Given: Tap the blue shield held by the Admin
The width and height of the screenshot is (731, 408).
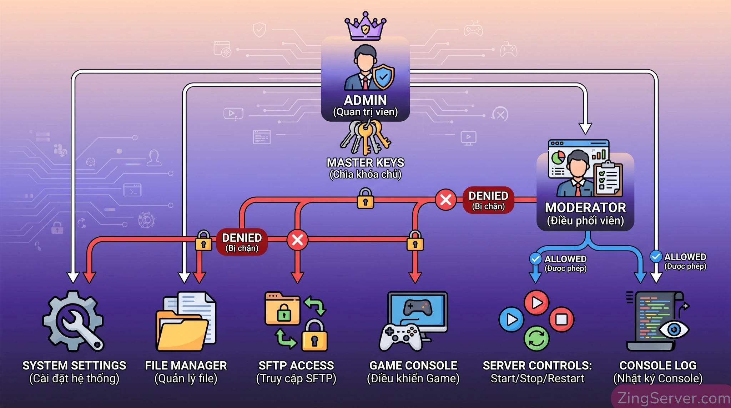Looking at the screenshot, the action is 383,76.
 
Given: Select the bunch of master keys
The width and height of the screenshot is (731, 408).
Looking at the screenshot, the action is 365,137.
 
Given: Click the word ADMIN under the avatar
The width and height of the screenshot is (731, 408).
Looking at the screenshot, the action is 365,100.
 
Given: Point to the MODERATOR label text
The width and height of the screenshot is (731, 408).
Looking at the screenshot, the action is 585,208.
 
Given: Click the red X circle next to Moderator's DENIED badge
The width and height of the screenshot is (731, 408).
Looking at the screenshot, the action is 446,200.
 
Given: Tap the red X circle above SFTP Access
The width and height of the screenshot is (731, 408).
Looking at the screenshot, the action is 297,240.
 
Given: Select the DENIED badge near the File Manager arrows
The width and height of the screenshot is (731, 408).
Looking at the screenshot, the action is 242,242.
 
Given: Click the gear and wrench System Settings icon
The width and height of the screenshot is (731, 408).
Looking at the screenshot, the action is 74,321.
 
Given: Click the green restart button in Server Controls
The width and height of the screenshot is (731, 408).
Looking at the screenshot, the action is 536,338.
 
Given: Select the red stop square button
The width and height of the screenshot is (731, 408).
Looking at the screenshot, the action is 561,319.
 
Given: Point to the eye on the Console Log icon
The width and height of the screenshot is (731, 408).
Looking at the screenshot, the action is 674,329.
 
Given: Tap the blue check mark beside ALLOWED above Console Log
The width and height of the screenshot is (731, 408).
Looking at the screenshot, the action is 656,256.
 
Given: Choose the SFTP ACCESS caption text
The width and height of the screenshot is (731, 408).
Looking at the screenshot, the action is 296,366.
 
